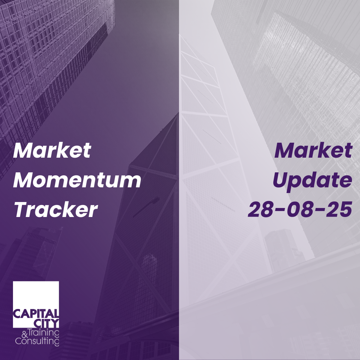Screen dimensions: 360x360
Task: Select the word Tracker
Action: click(x=56, y=210)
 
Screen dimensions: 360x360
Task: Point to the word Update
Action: click(x=312, y=181)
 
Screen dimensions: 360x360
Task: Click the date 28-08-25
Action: click(x=300, y=209)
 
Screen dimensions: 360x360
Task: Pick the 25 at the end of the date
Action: click(x=339, y=209)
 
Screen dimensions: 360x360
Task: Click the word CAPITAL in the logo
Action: click(x=36, y=314)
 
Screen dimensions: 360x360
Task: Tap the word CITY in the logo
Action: click(x=46, y=323)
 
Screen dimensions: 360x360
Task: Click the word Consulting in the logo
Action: click(x=37, y=341)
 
